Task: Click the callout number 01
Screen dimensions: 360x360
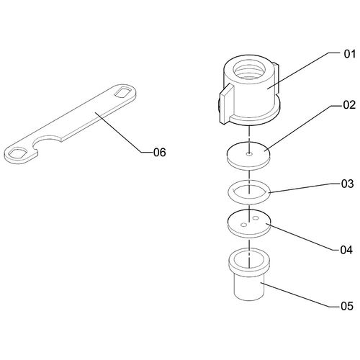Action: pyautogui.click(x=350, y=54)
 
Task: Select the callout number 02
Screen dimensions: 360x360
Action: pyautogui.click(x=349, y=105)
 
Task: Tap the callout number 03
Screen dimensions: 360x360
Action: pyautogui.click(x=347, y=184)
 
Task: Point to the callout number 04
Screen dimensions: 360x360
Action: pyautogui.click(x=346, y=250)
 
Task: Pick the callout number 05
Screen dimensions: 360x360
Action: pyautogui.click(x=347, y=306)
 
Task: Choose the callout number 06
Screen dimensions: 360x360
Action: pyautogui.click(x=160, y=152)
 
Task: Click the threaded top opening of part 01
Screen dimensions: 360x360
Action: pyautogui.click(x=250, y=70)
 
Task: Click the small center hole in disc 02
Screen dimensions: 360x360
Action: pyautogui.click(x=250, y=154)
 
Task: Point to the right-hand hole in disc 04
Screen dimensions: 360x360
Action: pyautogui.click(x=256, y=218)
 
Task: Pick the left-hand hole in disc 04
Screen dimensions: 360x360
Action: pyautogui.click(x=243, y=225)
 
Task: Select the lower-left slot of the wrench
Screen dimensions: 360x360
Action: pyautogui.click(x=17, y=153)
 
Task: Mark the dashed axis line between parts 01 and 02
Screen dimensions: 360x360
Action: pyautogui.click(x=250, y=135)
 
